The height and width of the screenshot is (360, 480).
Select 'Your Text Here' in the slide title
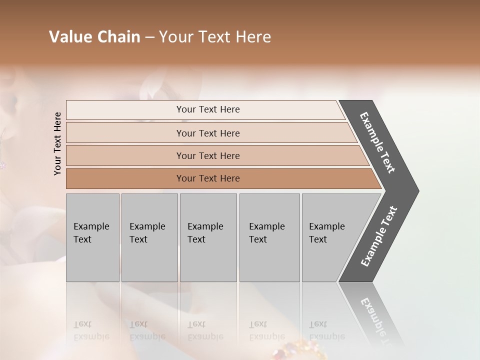pyautogui.click(x=215, y=37)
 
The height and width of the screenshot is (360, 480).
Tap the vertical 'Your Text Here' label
pyautogui.click(x=57, y=143)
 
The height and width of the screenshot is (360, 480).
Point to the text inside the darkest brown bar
pyautogui.click(x=208, y=178)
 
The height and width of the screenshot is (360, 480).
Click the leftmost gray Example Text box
pyautogui.click(x=92, y=237)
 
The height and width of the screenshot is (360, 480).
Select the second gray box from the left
pyautogui.click(x=149, y=237)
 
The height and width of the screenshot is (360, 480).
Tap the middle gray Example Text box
pyautogui.click(x=208, y=237)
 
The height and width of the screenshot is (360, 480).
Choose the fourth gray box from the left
pyautogui.click(x=269, y=237)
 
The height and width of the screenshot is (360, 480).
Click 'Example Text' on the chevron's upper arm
pyautogui.click(x=377, y=142)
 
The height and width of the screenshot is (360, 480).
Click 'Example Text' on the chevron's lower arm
pyautogui.click(x=378, y=236)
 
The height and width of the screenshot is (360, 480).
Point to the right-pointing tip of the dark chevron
pyautogui.click(x=417, y=190)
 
